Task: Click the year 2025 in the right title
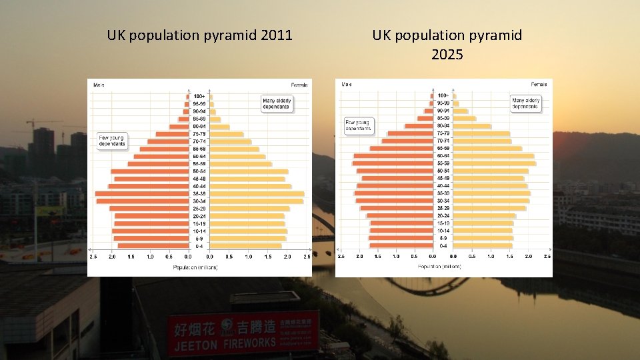[x=447, y=55]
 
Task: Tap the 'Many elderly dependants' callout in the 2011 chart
[x=276, y=103]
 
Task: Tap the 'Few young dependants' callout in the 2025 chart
[x=357, y=126]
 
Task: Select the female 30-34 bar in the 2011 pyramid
[x=257, y=201]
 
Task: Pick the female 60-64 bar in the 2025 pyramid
[x=493, y=156]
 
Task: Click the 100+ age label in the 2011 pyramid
[x=199, y=97]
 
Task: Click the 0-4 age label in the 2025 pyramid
[x=443, y=245]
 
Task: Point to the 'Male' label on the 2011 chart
[x=99, y=85]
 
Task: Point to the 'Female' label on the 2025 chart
[x=539, y=85]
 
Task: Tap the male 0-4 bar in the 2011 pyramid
[x=153, y=245]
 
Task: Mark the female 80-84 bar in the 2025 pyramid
[x=472, y=126]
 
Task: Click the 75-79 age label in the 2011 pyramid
[x=199, y=134]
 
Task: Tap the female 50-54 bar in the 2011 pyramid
[x=249, y=171]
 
